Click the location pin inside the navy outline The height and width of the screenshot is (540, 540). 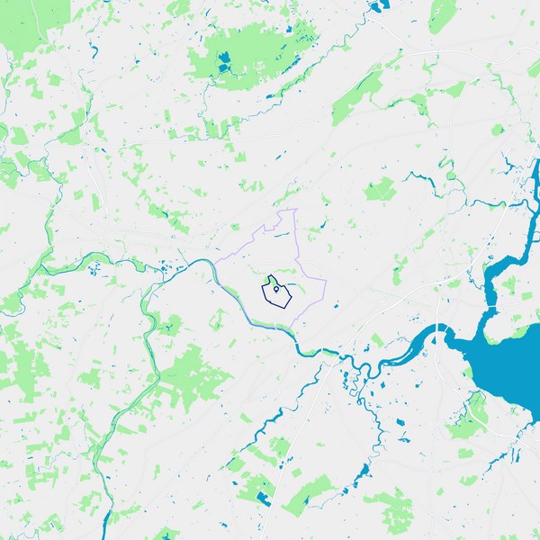[274, 288]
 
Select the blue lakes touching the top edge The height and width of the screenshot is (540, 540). [376, 6]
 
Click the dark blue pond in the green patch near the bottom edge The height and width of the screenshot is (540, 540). [263, 497]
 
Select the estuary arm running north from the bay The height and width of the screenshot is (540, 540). [493, 279]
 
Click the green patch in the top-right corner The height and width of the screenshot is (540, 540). [443, 13]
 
